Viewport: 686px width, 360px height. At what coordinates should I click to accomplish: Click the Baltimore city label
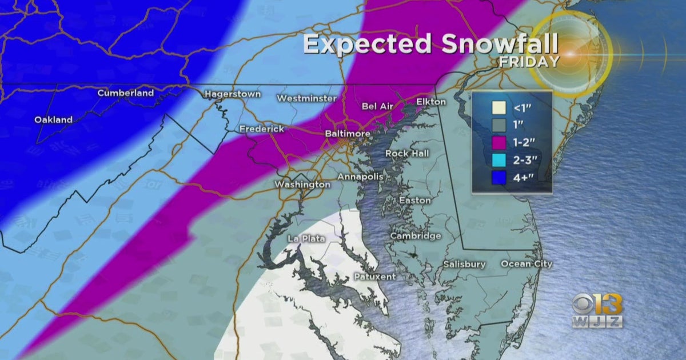(348, 133)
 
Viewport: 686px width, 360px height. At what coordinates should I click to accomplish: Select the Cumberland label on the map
(126, 93)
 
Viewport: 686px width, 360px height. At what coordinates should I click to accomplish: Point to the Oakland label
(53, 120)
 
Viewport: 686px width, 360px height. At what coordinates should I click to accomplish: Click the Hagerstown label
(232, 94)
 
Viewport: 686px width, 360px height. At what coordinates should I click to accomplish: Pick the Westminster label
(306, 98)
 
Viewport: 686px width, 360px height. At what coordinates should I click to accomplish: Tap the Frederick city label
(261, 129)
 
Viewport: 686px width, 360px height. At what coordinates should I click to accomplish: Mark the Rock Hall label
(406, 153)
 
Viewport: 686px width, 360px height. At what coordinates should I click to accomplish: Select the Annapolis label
(360, 177)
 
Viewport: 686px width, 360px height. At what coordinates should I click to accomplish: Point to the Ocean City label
(527, 263)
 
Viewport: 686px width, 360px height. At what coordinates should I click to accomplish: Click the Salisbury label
(464, 265)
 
